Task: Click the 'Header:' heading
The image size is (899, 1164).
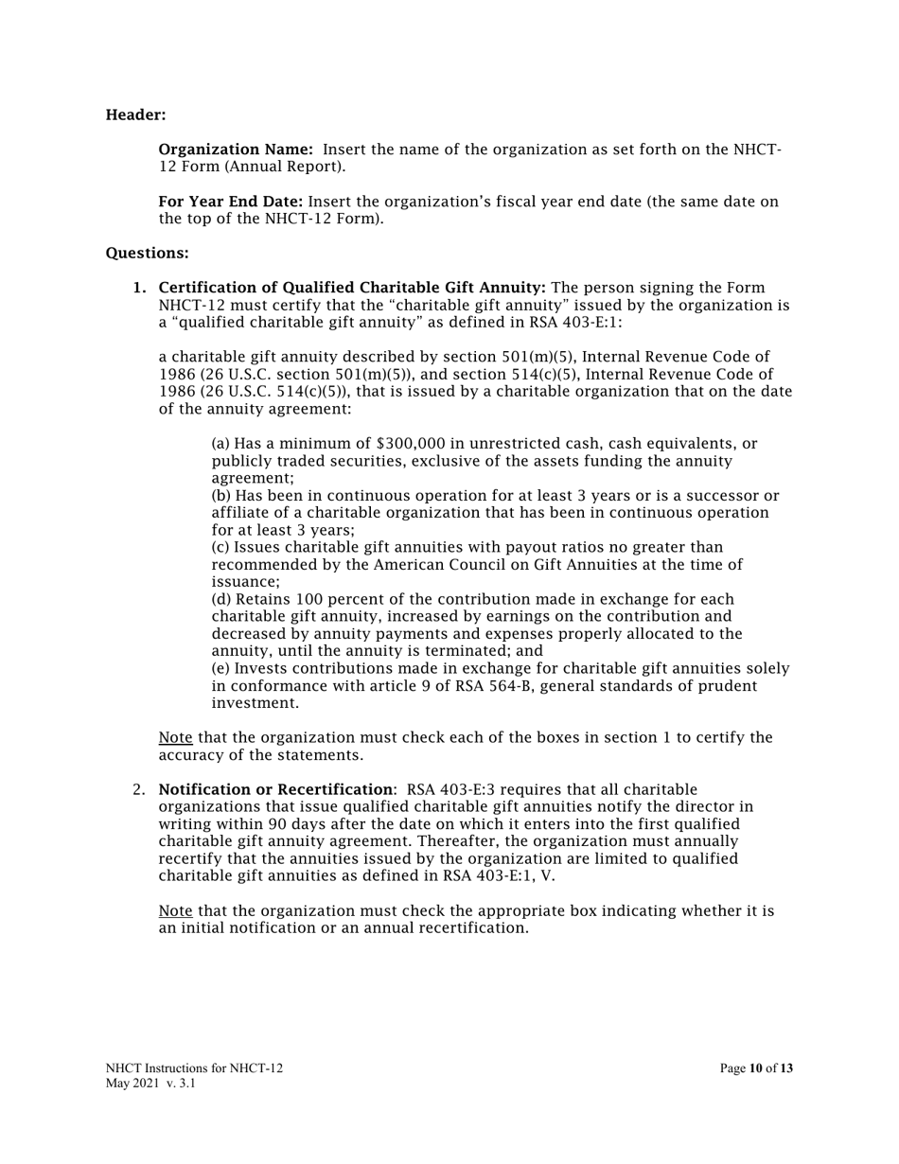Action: [135, 115]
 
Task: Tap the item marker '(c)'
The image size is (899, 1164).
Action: [220, 548]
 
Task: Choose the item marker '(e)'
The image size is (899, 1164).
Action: [220, 669]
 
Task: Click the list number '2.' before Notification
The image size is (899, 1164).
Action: [140, 790]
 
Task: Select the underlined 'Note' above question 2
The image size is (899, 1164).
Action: [175, 738]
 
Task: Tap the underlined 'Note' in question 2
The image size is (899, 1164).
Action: [175, 911]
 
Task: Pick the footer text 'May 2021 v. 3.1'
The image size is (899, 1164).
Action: [150, 1084]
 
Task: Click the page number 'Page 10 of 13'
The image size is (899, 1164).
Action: [756, 1068]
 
